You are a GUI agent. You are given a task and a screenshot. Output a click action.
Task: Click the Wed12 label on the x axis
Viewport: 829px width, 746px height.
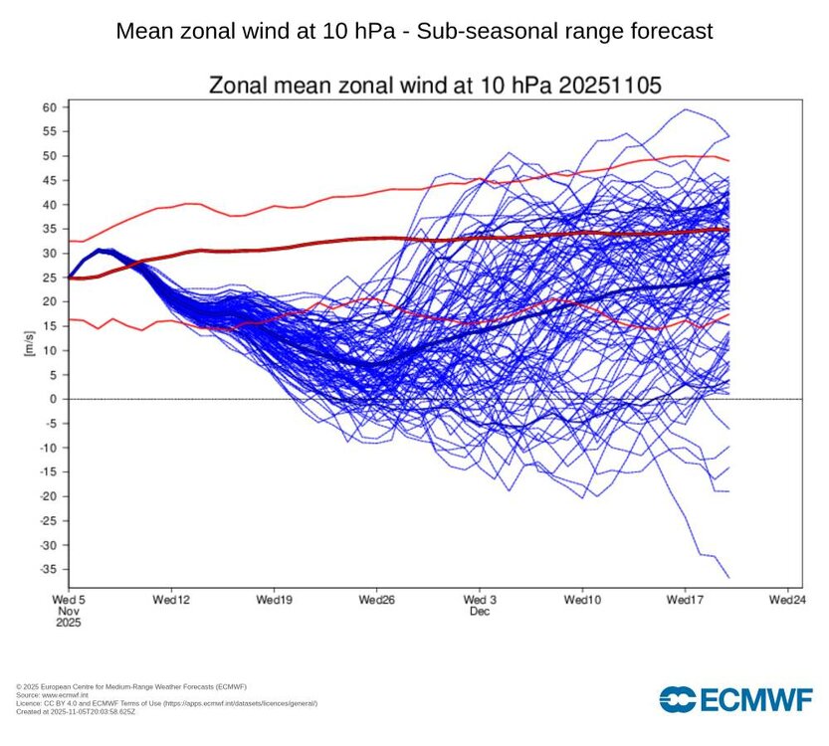pyautogui.click(x=171, y=601)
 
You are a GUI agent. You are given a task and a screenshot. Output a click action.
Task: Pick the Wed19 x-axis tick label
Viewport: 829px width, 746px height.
pyautogui.click(x=274, y=601)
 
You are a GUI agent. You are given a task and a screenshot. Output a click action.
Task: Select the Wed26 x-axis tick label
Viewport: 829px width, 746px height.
pyautogui.click(x=376, y=601)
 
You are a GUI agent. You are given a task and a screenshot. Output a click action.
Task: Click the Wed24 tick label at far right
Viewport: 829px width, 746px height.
pyautogui.click(x=786, y=601)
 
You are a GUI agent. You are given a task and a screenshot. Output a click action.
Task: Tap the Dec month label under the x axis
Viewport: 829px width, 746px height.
pyautogui.click(x=481, y=612)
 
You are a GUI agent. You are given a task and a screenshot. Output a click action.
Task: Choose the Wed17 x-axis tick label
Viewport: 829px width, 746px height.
pyautogui.click(x=685, y=601)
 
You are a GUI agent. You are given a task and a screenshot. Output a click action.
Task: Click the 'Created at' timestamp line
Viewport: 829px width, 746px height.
pyautogui.click(x=74, y=710)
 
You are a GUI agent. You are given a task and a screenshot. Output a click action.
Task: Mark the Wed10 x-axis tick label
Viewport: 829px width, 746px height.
pyautogui.click(x=582, y=601)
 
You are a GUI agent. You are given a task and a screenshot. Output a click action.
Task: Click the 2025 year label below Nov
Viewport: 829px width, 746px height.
pyautogui.click(x=68, y=624)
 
